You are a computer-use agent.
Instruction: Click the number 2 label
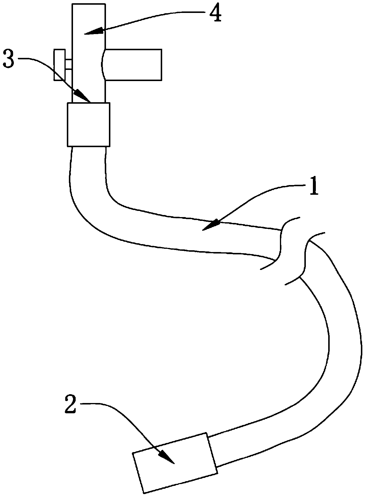tap(71, 405)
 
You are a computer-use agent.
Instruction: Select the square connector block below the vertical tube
tap(89, 125)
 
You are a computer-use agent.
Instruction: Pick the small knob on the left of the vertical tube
tap(59, 65)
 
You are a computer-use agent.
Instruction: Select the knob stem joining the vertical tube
tap(69, 65)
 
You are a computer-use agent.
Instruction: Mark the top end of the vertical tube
tap(89, 5)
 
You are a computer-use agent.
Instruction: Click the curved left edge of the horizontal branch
tap(102, 65)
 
